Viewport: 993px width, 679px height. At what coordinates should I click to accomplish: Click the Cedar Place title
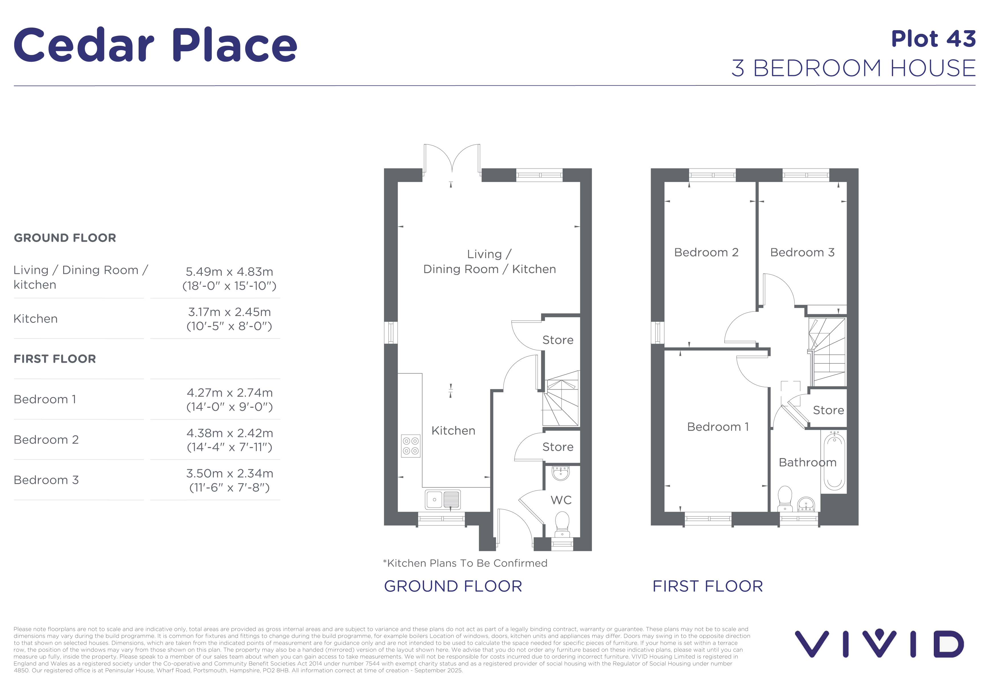tap(155, 45)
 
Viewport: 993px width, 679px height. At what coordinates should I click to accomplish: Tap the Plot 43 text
tap(933, 39)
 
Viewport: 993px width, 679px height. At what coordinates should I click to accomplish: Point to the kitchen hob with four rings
tap(411, 446)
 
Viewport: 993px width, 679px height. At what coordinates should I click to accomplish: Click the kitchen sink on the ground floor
tap(443, 499)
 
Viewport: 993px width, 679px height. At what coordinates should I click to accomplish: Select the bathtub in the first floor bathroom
tap(834, 461)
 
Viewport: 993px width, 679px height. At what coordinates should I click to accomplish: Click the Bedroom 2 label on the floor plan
tap(706, 252)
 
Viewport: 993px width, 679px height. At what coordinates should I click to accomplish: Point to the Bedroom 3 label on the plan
tap(802, 252)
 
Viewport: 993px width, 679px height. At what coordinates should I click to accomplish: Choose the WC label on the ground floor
tap(561, 500)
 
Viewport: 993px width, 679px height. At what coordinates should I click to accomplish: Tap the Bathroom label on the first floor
tap(807, 462)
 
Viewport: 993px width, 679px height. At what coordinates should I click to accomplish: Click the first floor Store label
tap(828, 410)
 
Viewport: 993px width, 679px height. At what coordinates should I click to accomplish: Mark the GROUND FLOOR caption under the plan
tap(453, 586)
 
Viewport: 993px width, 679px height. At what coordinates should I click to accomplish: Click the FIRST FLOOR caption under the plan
tap(708, 586)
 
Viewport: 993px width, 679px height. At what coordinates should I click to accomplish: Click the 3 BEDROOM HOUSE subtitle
tap(854, 68)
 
